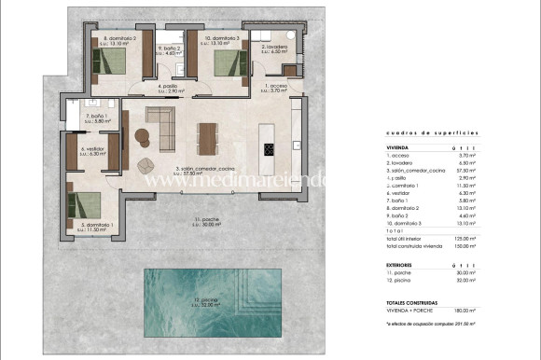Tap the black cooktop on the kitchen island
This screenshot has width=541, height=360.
point(270,149)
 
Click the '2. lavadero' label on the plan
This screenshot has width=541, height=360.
point(273,48)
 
